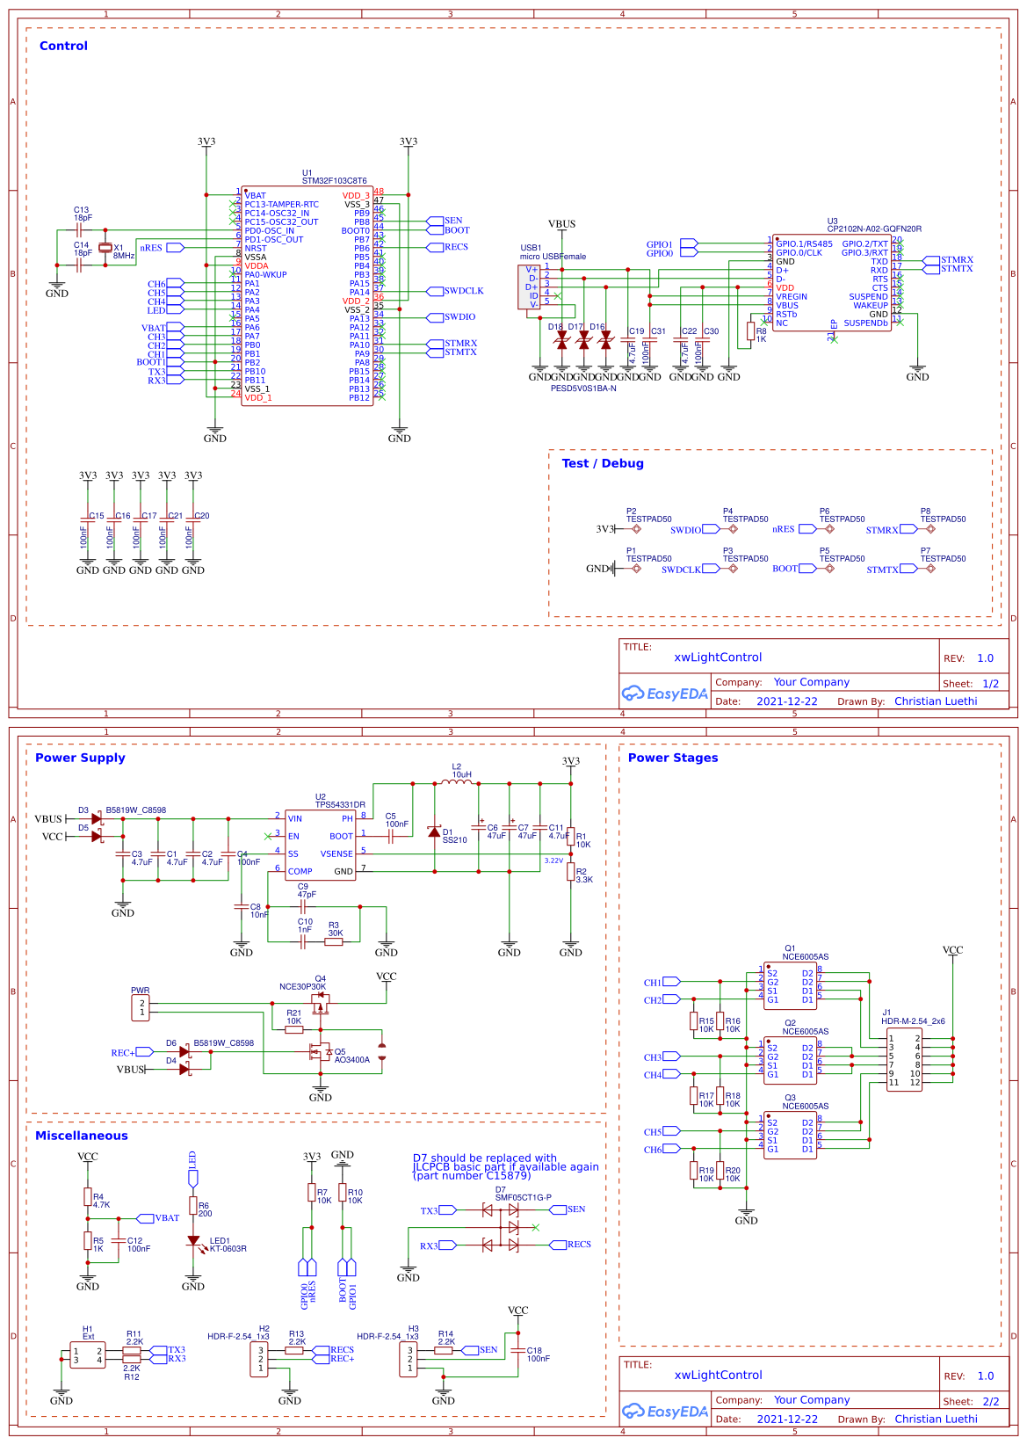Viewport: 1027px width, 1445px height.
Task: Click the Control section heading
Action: tap(63, 46)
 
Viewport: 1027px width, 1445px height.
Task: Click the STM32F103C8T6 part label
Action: tap(334, 181)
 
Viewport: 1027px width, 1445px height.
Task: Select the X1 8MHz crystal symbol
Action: tap(105, 249)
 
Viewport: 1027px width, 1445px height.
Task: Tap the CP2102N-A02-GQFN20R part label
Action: tap(873, 229)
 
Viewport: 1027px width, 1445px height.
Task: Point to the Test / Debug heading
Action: tap(602, 463)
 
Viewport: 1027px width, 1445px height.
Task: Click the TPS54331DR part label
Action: tap(340, 804)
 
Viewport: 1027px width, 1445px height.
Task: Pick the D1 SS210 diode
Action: tap(434, 831)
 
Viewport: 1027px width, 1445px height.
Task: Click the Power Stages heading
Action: tap(672, 758)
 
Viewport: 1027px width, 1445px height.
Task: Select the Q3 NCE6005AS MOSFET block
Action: tap(790, 1134)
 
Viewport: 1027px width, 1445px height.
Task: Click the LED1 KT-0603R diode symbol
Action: tap(193, 1241)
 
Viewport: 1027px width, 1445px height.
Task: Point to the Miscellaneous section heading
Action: tap(81, 1136)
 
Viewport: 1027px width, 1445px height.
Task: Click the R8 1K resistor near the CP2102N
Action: tap(750, 331)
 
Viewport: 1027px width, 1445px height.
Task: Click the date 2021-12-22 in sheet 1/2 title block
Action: tap(786, 701)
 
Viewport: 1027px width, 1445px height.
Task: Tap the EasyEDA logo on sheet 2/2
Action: tap(664, 1412)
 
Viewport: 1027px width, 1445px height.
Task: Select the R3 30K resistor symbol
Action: tap(334, 941)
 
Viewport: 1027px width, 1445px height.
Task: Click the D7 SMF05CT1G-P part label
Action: tap(523, 1197)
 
